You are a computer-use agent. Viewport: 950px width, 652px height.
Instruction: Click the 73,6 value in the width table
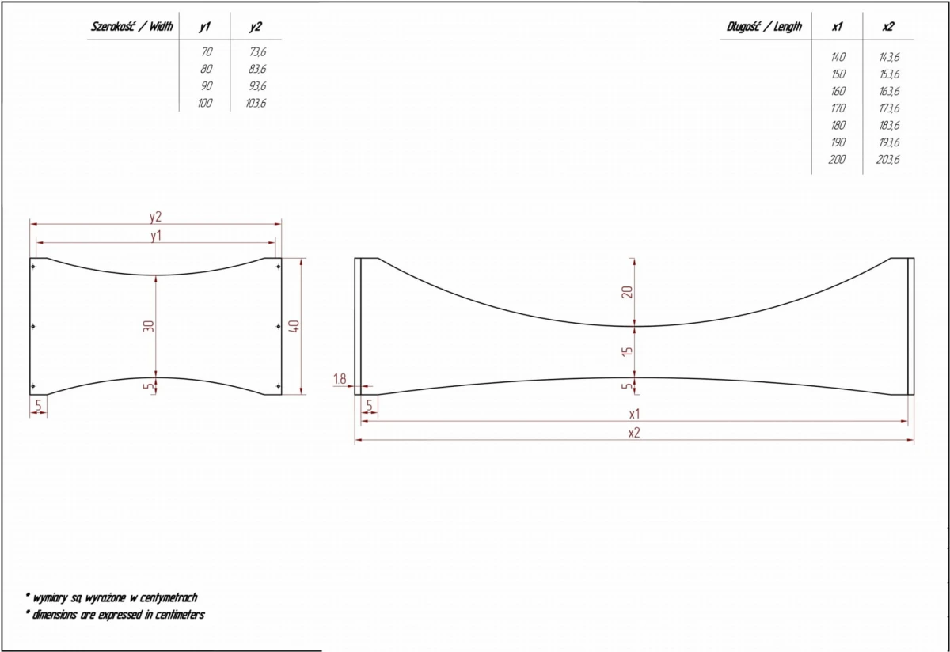257,51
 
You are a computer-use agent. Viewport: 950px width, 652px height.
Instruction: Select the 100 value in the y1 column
205,103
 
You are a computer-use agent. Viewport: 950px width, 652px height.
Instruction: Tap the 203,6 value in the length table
887,160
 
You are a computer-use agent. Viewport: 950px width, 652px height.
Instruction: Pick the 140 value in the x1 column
838,57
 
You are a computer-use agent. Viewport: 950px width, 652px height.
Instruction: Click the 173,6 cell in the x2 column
889,108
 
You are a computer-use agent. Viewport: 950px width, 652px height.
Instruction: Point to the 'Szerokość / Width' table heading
132,27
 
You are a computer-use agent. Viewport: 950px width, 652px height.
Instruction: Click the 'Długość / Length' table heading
764,27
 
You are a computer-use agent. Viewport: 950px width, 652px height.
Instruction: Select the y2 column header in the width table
255,27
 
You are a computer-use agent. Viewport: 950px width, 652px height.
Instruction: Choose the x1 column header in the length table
838,27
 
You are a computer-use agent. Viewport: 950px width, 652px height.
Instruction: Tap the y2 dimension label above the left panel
156,217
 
